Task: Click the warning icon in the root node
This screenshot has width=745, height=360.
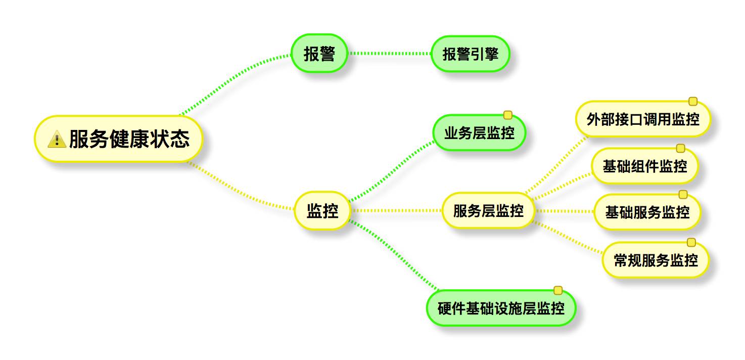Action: tap(57, 139)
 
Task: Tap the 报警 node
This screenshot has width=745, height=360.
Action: tap(319, 53)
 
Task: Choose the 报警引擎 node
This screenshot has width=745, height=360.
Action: tap(470, 54)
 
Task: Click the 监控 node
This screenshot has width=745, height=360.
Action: tap(322, 210)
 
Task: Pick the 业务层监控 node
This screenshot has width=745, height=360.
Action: tap(479, 133)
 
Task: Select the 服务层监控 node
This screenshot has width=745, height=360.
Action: tap(488, 210)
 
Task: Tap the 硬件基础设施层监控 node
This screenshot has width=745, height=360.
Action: tap(501, 308)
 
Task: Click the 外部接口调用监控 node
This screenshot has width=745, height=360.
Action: tap(643, 119)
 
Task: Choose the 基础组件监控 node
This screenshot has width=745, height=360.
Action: tap(644, 166)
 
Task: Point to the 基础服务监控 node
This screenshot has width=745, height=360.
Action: tap(647, 212)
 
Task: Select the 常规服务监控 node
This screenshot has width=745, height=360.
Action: tap(655, 260)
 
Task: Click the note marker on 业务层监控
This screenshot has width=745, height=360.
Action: tap(508, 115)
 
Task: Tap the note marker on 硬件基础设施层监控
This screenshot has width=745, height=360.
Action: tap(558, 290)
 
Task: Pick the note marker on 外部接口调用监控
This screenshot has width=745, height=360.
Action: tap(693, 102)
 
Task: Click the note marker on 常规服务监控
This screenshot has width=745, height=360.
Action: tap(691, 242)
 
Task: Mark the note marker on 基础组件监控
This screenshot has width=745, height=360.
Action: tap(680, 148)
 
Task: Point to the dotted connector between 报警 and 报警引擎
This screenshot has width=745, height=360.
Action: tap(389, 53)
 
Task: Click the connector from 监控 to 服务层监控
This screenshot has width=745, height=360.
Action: tap(397, 210)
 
